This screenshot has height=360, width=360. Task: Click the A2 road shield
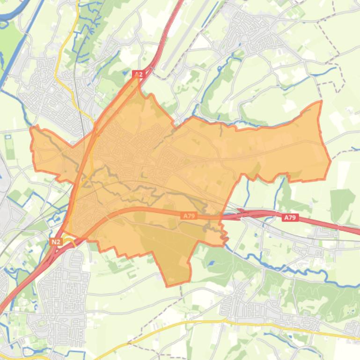tap(138, 74)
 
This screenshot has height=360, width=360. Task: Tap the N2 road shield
tap(56, 241)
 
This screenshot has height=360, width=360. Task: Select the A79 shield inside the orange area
tap(188, 216)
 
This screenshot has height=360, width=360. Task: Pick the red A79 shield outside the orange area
tap(290, 217)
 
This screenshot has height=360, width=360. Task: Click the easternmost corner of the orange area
tap(331, 161)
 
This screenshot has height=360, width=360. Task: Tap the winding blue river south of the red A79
tap(290, 271)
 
